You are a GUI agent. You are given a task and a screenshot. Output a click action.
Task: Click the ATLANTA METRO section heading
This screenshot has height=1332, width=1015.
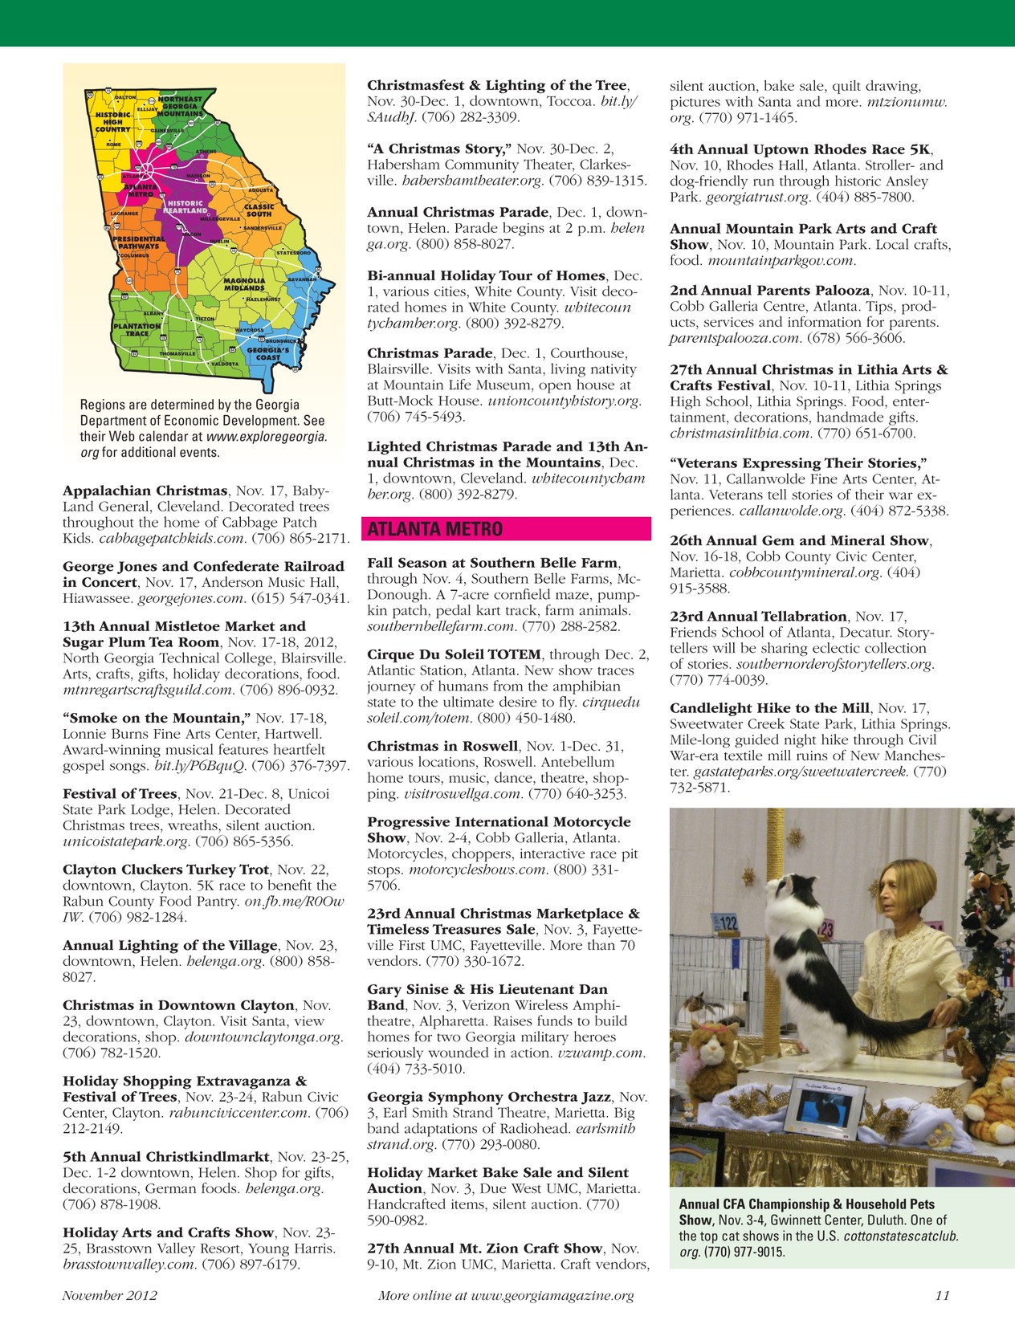434,529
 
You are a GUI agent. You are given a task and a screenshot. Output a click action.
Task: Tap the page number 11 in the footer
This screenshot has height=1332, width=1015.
943,1294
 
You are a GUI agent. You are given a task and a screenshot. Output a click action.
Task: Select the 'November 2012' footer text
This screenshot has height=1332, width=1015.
110,1294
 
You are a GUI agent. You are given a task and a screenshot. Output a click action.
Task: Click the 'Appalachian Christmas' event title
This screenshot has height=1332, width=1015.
145,491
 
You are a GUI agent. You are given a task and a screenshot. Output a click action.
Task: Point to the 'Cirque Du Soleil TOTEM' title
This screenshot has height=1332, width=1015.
455,654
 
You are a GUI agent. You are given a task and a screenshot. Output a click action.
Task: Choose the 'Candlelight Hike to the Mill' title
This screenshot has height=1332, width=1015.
769,708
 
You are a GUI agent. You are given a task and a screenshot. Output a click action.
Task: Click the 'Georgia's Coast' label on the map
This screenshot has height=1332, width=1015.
267,353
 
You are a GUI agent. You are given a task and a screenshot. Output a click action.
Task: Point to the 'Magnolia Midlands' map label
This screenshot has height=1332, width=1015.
244,285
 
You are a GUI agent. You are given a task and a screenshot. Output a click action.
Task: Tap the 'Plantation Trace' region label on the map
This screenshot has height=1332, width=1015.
137,330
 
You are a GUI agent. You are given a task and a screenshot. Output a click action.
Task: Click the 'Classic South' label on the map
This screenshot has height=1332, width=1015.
259,210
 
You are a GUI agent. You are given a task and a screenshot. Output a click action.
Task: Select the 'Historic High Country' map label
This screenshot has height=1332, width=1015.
113,122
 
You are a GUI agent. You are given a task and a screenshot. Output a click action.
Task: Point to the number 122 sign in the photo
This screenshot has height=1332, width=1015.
728,923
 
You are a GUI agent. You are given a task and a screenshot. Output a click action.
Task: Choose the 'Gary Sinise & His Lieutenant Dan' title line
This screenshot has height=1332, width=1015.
487,989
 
